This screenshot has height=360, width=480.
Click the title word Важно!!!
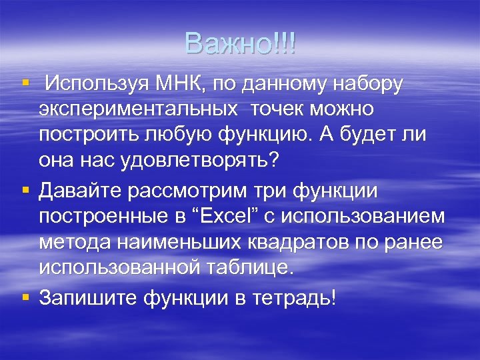tap(240, 44)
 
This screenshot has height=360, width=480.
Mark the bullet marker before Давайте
tap(26, 190)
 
